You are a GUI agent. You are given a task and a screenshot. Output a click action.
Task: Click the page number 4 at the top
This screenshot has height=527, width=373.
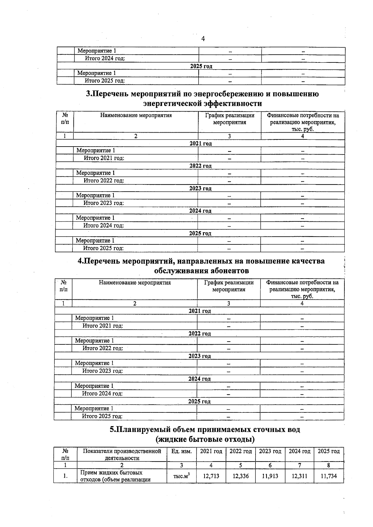(x=203, y=39)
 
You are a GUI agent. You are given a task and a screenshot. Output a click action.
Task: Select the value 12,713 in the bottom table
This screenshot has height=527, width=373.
(x=211, y=476)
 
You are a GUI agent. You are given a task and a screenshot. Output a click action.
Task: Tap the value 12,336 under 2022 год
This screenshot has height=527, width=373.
(x=241, y=476)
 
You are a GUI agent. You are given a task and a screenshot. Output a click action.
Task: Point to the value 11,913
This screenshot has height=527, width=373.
(x=270, y=476)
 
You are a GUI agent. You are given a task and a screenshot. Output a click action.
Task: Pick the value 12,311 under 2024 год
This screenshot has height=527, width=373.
(x=299, y=476)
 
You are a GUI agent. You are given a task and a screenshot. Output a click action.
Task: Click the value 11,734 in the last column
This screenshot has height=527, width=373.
(x=329, y=476)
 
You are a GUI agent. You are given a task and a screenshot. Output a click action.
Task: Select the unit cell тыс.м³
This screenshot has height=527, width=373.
(x=182, y=476)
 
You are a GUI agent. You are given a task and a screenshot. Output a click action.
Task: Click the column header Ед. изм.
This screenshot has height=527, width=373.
(x=182, y=451)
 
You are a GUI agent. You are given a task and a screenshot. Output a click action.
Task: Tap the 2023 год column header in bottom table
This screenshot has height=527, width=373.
(x=270, y=451)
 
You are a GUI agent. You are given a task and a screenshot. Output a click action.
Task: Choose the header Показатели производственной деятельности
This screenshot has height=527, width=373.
(x=122, y=454)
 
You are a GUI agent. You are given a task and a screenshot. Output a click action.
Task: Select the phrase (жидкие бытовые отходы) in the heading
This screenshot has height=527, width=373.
(x=205, y=439)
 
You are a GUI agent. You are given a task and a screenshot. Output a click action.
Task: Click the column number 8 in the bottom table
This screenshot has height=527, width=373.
(x=329, y=465)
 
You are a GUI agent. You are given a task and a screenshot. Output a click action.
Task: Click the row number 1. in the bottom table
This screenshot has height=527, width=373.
(x=65, y=476)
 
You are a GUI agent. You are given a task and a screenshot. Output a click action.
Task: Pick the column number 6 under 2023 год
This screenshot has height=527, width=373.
(x=270, y=465)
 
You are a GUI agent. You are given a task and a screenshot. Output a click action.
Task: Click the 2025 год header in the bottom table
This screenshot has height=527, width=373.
(x=329, y=451)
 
